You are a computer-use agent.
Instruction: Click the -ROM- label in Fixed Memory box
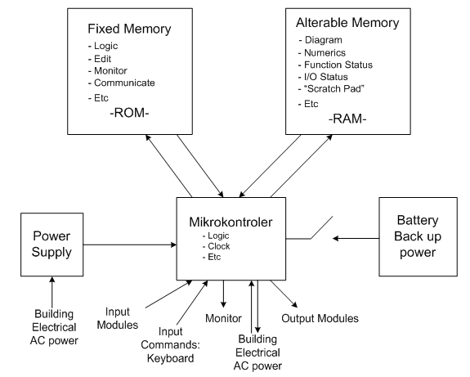coord(129,113)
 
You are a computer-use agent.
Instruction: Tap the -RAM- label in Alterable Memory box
coord(347,119)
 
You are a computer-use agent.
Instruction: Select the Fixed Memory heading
coord(129,29)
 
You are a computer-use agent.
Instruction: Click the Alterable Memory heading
coord(347,23)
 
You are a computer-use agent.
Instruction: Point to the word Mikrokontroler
coord(231,222)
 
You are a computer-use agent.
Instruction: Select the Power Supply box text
coord(51,244)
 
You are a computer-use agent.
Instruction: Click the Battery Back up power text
coord(418,236)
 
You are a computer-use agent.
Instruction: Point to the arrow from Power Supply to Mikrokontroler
coord(130,245)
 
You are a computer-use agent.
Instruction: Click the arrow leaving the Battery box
coord(356,239)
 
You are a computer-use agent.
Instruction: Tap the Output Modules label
coord(320,318)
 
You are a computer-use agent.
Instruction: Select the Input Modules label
coord(118,318)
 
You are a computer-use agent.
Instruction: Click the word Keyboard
coord(170,358)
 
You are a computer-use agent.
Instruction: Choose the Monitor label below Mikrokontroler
coord(223,318)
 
